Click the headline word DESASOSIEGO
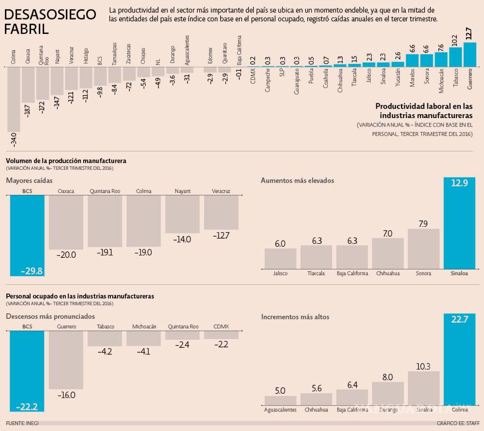click(x=50, y=15)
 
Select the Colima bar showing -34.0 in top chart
click(x=13, y=98)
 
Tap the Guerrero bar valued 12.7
click(x=470, y=55)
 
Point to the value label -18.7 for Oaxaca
click(x=28, y=111)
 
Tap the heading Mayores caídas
click(x=29, y=181)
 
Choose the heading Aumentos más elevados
click(x=297, y=181)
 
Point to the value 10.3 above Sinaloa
click(x=423, y=366)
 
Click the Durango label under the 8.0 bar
click(x=387, y=409)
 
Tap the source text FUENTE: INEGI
click(x=22, y=423)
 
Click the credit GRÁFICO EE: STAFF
click(x=458, y=423)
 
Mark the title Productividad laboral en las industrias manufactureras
click(x=423, y=111)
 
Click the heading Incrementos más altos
click(x=295, y=317)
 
